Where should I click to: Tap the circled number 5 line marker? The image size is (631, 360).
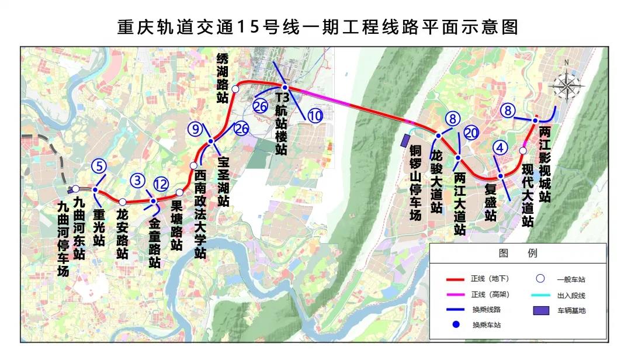pyautogui.click(x=100, y=166)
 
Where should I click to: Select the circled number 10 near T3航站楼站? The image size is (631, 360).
pyautogui.click(x=315, y=116)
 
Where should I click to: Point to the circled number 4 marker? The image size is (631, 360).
pyautogui.click(x=500, y=148)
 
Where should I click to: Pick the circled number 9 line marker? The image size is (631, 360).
pyautogui.click(x=195, y=129)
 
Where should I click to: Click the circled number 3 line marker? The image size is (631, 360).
pyautogui.click(x=138, y=180)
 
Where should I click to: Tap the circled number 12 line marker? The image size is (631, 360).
pyautogui.click(x=161, y=185)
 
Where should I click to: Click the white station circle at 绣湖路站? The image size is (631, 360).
pyautogui.click(x=234, y=89)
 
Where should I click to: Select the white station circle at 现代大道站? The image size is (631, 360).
pyautogui.click(x=523, y=151)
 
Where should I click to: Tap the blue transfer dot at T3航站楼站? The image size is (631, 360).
pyautogui.click(x=285, y=87)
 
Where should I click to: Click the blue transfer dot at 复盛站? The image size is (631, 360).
pyautogui.click(x=501, y=176)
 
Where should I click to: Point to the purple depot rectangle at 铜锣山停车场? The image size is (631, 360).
pyautogui.click(x=405, y=141)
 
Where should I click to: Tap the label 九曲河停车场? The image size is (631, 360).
pyautogui.click(x=64, y=238)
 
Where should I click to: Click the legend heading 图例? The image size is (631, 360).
pyautogui.click(x=517, y=253)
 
